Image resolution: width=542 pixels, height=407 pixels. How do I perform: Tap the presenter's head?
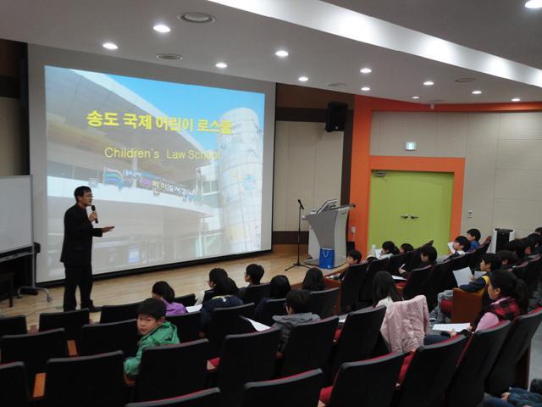tap(82, 196)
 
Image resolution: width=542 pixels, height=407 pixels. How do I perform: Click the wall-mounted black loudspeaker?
tap(335, 116)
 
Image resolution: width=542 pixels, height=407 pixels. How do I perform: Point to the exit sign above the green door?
tap(410, 145)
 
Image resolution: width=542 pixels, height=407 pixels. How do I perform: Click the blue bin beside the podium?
tap(327, 258)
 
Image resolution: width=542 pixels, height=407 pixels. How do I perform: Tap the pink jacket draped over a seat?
tap(405, 323)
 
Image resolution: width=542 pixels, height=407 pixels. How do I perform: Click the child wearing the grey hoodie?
tap(296, 315)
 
